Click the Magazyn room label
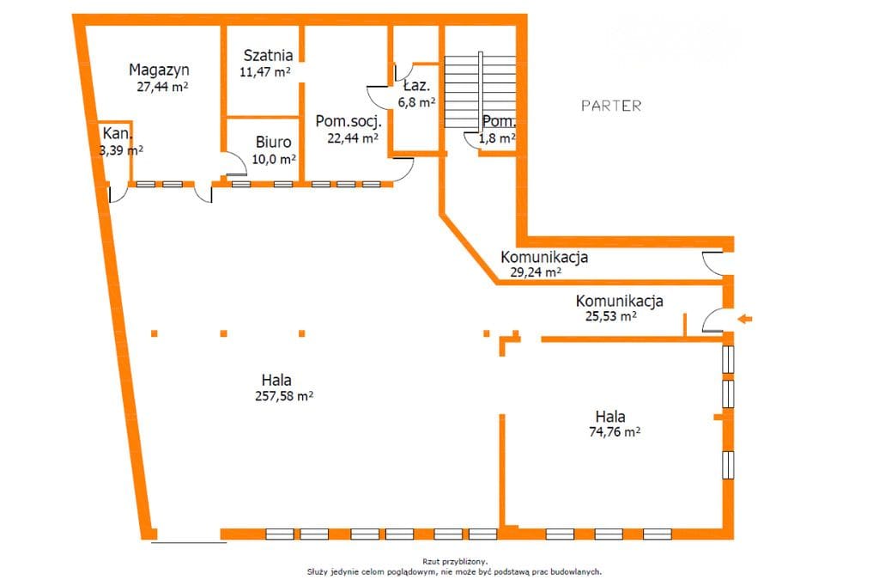click(159, 70)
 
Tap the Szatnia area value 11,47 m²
click(264, 72)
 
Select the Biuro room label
click(274, 142)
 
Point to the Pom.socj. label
click(349, 121)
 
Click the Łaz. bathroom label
click(416, 86)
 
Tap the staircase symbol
click(480, 90)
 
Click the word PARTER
click(611, 106)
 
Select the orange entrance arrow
click(744, 319)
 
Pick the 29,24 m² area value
click(536, 272)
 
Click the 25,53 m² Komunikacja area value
click(611, 316)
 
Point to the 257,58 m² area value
click(284, 396)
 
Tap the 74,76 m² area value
click(615, 431)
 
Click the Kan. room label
click(118, 133)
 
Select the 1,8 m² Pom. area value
click(497, 138)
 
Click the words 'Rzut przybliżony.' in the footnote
click(455, 561)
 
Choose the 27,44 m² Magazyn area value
click(162, 87)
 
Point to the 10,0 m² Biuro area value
click(274, 159)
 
